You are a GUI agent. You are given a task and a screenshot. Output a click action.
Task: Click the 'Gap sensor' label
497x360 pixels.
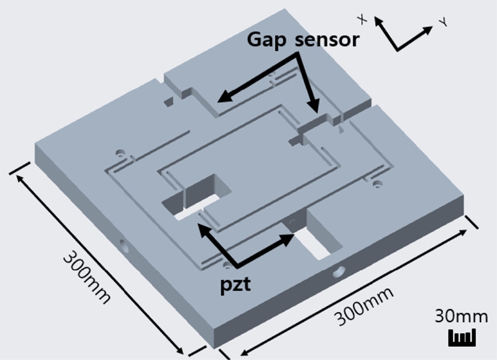coord(303,40)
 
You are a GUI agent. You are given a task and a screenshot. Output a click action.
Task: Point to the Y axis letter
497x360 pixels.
coord(444,22)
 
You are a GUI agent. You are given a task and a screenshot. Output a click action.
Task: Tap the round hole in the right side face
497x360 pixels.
coord(339,271)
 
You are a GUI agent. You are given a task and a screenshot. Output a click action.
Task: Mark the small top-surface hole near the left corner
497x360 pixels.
coord(120,151)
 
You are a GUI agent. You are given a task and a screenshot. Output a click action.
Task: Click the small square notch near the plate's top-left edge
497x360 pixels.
coord(168,99)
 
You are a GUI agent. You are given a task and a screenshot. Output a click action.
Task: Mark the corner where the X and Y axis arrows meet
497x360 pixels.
coord(396,49)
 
